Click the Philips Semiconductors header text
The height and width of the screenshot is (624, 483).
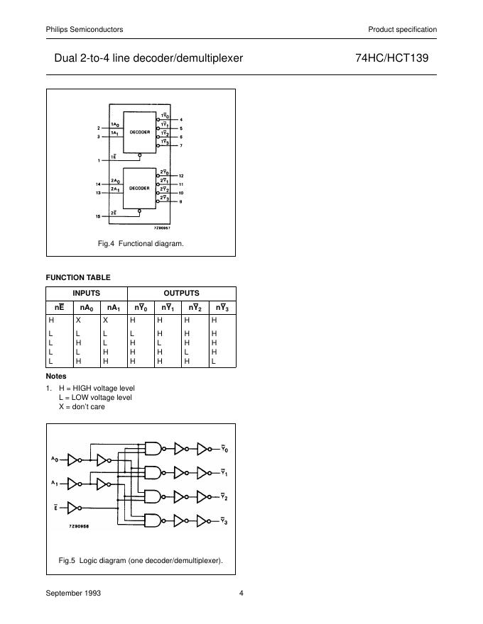pyautogui.click(x=84, y=29)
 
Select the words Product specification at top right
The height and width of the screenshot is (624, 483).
pyautogui.click(x=402, y=29)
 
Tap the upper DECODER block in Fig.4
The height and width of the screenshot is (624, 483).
pyautogui.click(x=139, y=132)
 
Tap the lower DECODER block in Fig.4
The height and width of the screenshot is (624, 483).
pyautogui.click(x=139, y=189)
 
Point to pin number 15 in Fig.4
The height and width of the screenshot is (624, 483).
pyautogui.click(x=98, y=216)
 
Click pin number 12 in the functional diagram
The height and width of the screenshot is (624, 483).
pyautogui.click(x=181, y=175)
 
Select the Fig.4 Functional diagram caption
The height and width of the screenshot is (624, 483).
pyautogui.click(x=141, y=243)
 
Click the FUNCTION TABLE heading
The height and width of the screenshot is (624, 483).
pyautogui.click(x=78, y=277)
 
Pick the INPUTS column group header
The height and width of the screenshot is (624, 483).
pyautogui.click(x=87, y=293)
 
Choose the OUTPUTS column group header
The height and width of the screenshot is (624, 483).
pyautogui.click(x=181, y=293)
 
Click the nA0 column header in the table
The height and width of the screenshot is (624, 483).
pyautogui.click(x=85, y=308)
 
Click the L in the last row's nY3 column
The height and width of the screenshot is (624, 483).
pyautogui.click(x=213, y=361)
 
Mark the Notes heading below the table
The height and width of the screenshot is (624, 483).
pyautogui.click(x=56, y=377)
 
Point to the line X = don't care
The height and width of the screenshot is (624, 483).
pyautogui.click(x=82, y=407)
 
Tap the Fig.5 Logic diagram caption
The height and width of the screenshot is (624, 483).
pyautogui.click(x=141, y=560)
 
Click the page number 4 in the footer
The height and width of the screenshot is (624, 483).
pyautogui.click(x=241, y=594)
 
